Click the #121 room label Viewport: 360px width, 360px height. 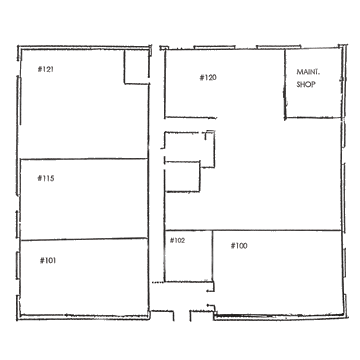click(x=46, y=69)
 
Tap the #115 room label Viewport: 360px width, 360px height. click(x=46, y=178)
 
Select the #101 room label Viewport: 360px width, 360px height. click(x=48, y=260)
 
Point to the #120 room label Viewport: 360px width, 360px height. click(x=208, y=78)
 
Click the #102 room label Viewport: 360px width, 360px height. click(x=177, y=240)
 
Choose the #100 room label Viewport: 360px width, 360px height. click(x=239, y=246)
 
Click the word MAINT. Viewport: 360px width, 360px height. click(x=306, y=72)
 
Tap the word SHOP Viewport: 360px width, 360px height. click(x=306, y=85)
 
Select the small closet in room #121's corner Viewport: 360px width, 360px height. click(x=136, y=67)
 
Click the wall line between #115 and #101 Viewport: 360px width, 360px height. click(x=84, y=239)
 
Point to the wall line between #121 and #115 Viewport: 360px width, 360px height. click(x=84, y=159)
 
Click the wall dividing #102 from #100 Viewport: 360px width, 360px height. click(x=213, y=256)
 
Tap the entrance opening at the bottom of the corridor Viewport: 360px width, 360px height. click(x=182, y=316)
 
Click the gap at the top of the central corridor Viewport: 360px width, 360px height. click(x=155, y=48)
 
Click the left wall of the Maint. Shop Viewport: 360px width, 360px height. click(x=285, y=83)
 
